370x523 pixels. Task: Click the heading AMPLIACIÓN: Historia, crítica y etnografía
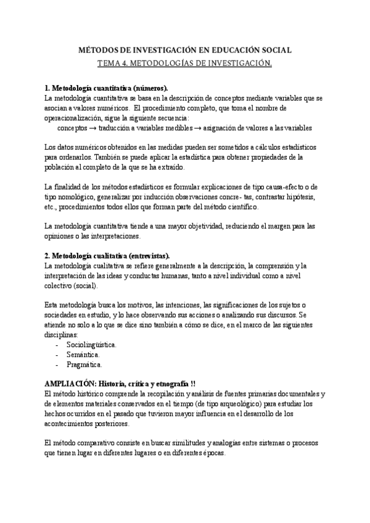pyautogui.click(x=117, y=383)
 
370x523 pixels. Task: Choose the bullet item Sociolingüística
pyautogui.click(x=91, y=344)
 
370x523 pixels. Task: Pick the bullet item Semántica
pyautogui.click(x=83, y=355)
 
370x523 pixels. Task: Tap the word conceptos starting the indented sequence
pyautogui.click(x=73, y=128)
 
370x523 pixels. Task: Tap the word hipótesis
pyautogui.click(x=297, y=197)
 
